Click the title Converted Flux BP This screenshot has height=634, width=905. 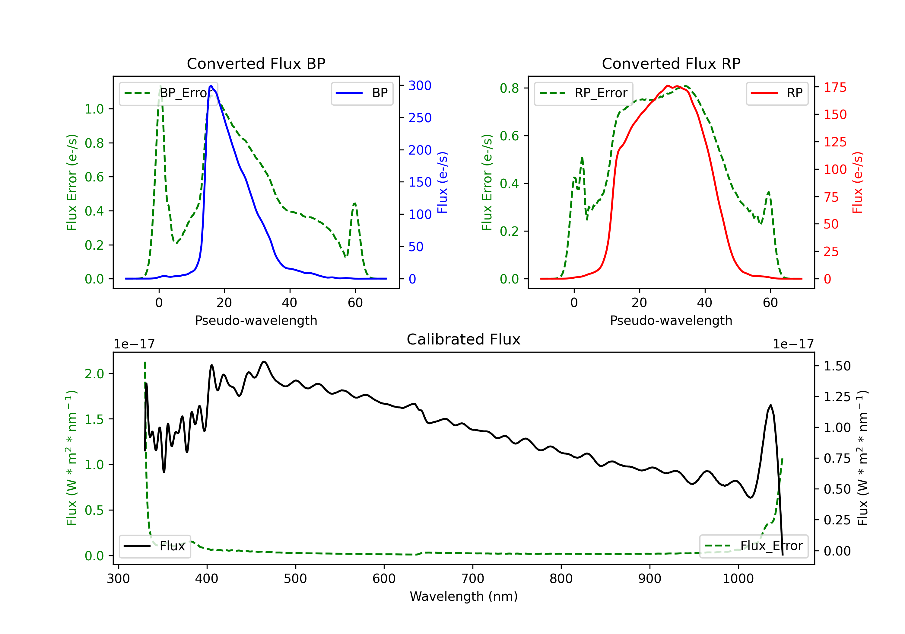point(256,63)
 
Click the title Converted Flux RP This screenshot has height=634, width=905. point(671,63)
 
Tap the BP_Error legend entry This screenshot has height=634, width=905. point(168,93)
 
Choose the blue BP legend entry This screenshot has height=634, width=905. point(362,93)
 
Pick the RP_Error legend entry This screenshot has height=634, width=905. point(583,93)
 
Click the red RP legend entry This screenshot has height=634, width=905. point(777,93)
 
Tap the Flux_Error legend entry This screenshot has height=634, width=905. point(754,546)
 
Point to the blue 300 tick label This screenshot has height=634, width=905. point(420,86)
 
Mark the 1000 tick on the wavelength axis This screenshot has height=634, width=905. point(738,578)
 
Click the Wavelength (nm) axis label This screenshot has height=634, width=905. point(464,596)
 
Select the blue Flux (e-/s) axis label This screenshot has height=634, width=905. point(442,182)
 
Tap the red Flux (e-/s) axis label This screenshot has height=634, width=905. point(857,182)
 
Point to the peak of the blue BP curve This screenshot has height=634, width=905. point(211,86)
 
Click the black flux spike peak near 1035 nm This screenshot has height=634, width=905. point(770,405)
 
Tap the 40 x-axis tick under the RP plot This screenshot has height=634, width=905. point(705,303)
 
